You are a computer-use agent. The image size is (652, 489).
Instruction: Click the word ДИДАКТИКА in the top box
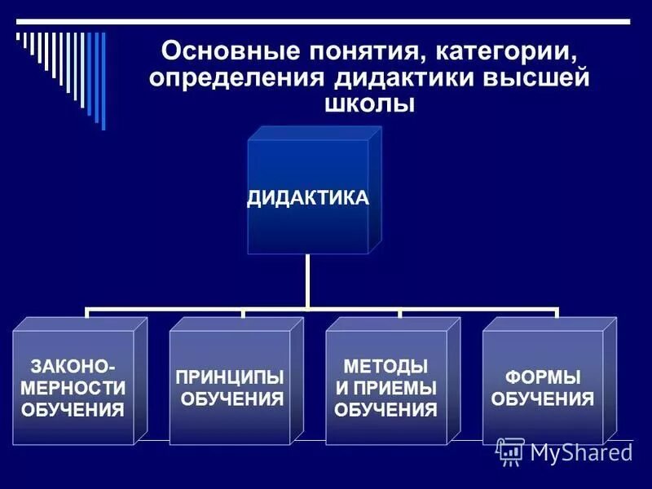coord(308,198)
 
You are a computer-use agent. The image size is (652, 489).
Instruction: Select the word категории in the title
coord(511,54)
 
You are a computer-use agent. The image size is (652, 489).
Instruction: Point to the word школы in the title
coord(371,104)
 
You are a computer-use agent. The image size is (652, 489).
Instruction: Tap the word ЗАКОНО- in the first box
coord(73,366)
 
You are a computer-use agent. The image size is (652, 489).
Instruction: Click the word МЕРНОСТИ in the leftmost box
coord(73,387)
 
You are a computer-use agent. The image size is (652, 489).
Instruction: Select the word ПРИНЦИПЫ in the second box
coord(230,377)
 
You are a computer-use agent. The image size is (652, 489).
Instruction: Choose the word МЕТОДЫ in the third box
coord(386,366)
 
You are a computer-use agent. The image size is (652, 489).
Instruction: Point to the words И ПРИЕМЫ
coord(386,387)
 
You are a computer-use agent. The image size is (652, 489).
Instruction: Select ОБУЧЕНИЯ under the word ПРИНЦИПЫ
coord(231,399)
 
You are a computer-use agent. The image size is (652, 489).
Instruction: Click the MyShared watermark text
coord(580,452)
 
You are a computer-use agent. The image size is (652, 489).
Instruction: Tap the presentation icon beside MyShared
coord(510,451)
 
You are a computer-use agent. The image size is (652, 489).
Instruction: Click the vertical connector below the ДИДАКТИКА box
coord(308,281)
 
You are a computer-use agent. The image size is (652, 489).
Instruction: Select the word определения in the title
coord(236,79)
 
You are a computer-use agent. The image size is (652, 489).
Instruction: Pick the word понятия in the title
coord(354,54)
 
